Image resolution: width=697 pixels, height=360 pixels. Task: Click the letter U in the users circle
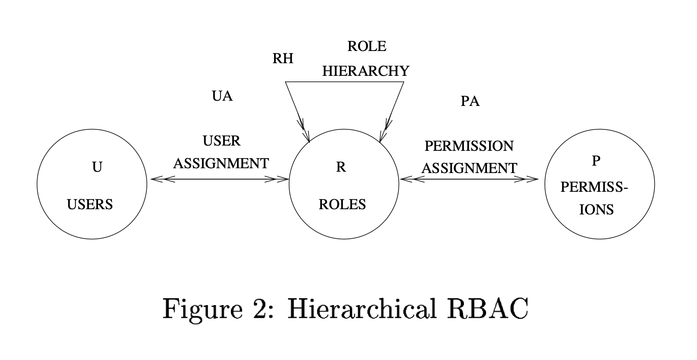(x=97, y=167)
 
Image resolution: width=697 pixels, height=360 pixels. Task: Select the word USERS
(x=90, y=204)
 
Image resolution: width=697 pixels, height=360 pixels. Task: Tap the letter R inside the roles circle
(x=341, y=167)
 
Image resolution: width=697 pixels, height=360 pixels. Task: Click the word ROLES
(x=342, y=204)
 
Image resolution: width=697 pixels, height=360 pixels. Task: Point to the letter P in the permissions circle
(x=596, y=161)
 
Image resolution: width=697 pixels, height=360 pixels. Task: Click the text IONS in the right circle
(x=596, y=210)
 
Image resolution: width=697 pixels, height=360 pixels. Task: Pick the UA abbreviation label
(x=222, y=96)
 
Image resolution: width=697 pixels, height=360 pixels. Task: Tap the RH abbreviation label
(x=283, y=58)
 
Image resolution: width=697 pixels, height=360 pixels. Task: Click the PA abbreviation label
(x=470, y=102)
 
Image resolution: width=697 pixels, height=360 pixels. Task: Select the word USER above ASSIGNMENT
(x=222, y=141)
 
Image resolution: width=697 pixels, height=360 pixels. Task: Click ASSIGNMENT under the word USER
(x=221, y=163)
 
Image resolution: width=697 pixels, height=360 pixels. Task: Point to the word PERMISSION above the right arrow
(x=469, y=146)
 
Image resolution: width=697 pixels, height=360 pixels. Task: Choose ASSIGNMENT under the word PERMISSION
(x=469, y=168)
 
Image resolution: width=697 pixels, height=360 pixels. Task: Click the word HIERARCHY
(x=366, y=71)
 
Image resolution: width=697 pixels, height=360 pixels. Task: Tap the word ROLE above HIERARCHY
(x=367, y=46)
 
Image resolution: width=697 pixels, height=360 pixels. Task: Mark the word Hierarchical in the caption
(x=362, y=309)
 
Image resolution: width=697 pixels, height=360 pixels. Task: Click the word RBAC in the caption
(x=487, y=309)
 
